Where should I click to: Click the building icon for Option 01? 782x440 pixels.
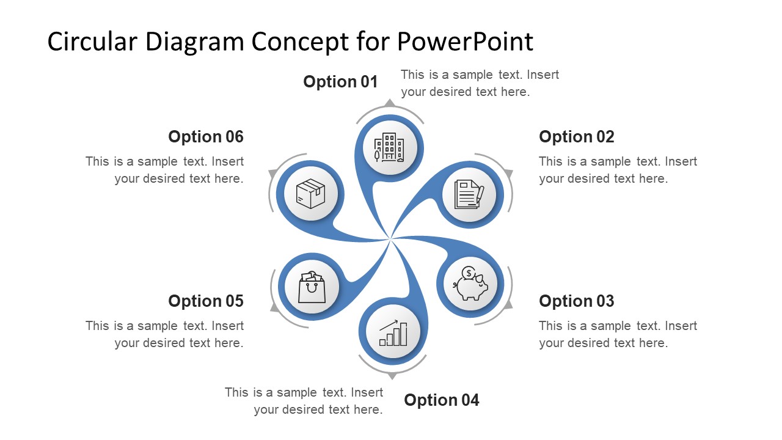pyautogui.click(x=389, y=147)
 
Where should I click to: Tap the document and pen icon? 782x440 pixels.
pyautogui.click(x=469, y=194)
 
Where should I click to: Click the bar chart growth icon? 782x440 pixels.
pyautogui.click(x=393, y=332)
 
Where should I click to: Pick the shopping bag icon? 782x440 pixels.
pyautogui.click(x=312, y=287)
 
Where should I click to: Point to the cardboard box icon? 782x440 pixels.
pyautogui.click(x=310, y=194)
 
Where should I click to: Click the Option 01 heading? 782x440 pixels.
pyautogui.click(x=340, y=82)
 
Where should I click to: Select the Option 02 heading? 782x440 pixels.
pyautogui.click(x=576, y=137)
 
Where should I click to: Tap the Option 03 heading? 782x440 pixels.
pyautogui.click(x=576, y=301)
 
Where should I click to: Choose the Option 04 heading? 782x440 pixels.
pyautogui.click(x=441, y=400)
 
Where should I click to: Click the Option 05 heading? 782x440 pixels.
pyautogui.click(x=205, y=301)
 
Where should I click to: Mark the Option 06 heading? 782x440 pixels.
pyautogui.click(x=205, y=137)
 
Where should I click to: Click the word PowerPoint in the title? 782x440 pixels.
pyautogui.click(x=465, y=42)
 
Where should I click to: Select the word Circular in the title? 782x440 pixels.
pyautogui.click(x=92, y=42)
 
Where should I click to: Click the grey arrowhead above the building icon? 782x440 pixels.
pyautogui.click(x=389, y=103)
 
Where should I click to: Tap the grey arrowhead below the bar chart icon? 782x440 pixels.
pyautogui.click(x=392, y=375)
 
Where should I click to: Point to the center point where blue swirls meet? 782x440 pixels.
pyautogui.click(x=390, y=238)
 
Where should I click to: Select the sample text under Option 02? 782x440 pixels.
pyautogui.click(x=618, y=170)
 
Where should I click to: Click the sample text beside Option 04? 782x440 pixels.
pyautogui.click(x=304, y=401)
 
